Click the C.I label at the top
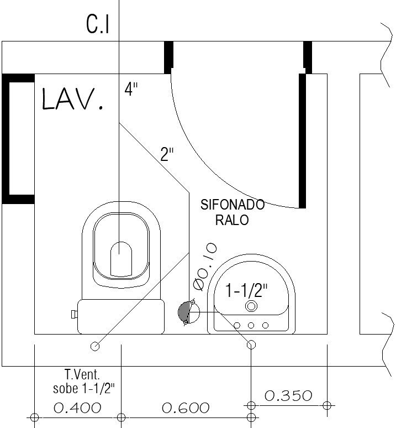coord(98,24)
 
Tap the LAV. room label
coord(72,99)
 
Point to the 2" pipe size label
coord(167,154)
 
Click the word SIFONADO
coord(232,205)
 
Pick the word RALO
coord(232,220)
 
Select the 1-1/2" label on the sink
coord(247,289)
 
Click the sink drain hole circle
coord(251,306)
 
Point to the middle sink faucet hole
coord(251,325)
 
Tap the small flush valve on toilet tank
coord(73,314)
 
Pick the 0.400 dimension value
coord(77,408)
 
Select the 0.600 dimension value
coord(186,408)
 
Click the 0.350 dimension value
coord(288,396)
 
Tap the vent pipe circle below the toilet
coord(95,346)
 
